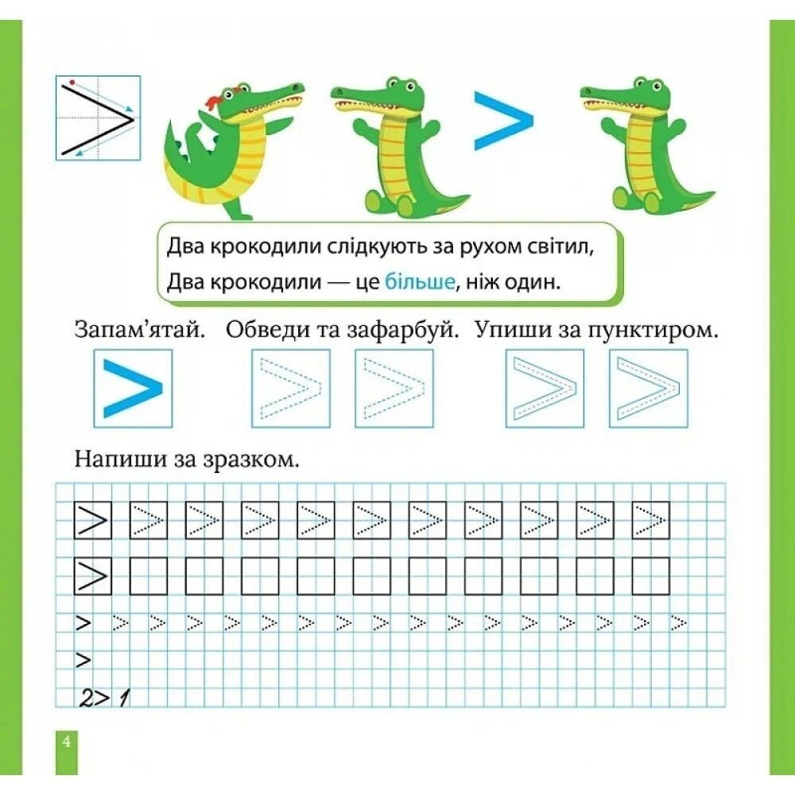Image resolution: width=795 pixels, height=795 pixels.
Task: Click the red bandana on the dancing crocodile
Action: tap(215, 100)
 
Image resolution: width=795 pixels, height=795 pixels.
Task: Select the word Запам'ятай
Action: tap(139, 331)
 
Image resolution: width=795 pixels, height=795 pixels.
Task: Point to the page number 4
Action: tap(66, 742)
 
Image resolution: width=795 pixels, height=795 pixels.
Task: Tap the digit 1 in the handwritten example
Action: tap(122, 699)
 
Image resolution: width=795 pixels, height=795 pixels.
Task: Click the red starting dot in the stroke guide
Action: tap(73, 81)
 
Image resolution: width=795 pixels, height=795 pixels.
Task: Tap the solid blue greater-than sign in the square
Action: tap(133, 389)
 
